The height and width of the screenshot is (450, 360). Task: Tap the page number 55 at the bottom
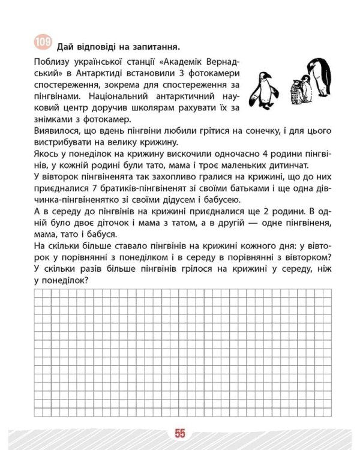click(x=180, y=433)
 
